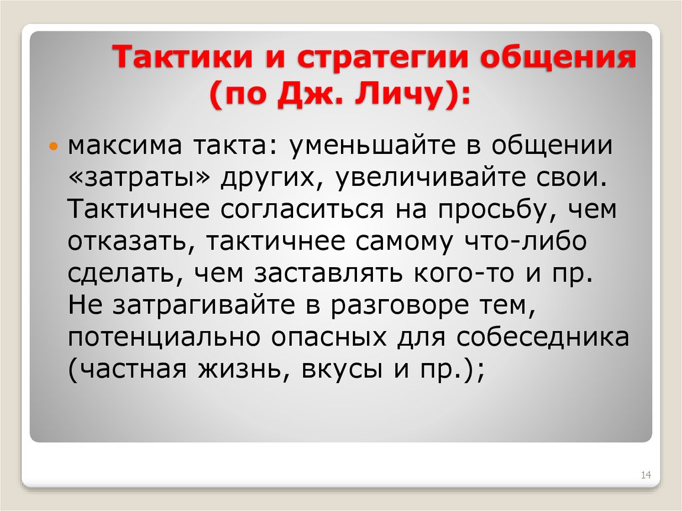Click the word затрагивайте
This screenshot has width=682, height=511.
pyautogui.click(x=206, y=305)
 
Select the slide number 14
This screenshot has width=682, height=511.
pyautogui.click(x=645, y=475)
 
